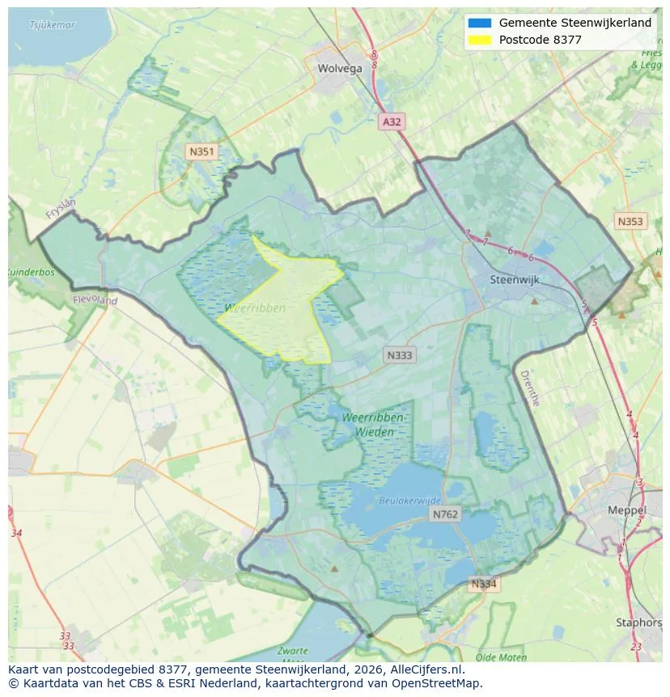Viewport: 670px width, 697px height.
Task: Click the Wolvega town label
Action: tap(340, 69)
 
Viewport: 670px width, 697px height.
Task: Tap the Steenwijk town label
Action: tap(515, 280)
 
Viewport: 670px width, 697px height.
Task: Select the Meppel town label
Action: tap(626, 511)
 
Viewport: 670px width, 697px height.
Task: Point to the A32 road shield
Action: tap(391, 121)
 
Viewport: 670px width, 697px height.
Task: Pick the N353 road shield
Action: tap(630, 221)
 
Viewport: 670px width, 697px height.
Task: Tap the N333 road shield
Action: tap(399, 355)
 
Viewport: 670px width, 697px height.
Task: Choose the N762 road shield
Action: tap(445, 514)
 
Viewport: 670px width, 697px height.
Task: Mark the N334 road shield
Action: tap(484, 584)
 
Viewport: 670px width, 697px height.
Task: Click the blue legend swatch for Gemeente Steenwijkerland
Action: tap(479, 23)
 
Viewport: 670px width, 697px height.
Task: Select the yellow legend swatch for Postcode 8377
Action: tap(479, 40)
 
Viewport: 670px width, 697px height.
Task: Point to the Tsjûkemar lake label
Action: tap(52, 25)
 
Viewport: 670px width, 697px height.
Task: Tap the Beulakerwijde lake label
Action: tap(410, 501)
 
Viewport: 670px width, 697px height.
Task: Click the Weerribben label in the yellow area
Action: tap(255, 308)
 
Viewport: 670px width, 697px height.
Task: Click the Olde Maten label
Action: tap(502, 657)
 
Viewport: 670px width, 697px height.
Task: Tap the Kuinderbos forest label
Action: tap(31, 273)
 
